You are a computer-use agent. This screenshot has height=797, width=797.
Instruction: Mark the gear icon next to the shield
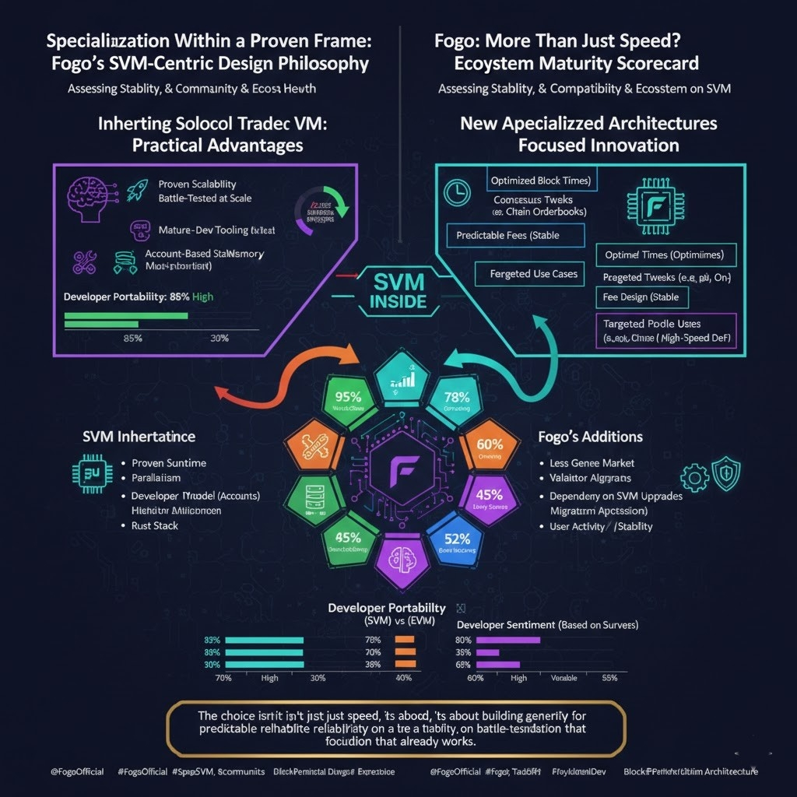(694, 476)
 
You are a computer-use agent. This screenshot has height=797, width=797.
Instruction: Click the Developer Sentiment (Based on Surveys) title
(547, 625)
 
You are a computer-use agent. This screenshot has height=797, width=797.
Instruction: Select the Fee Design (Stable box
(641, 297)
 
